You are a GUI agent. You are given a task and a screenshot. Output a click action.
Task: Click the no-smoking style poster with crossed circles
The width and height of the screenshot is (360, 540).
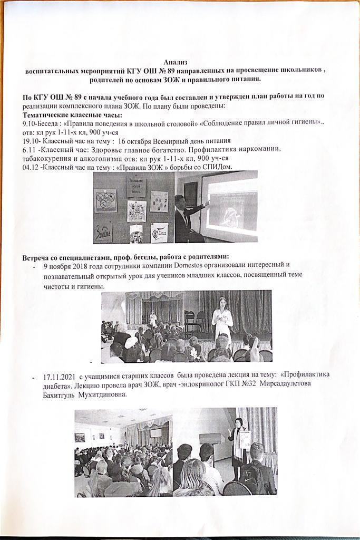coord(105,201)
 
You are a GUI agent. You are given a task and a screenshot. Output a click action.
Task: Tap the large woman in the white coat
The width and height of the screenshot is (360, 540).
coord(222,319)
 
